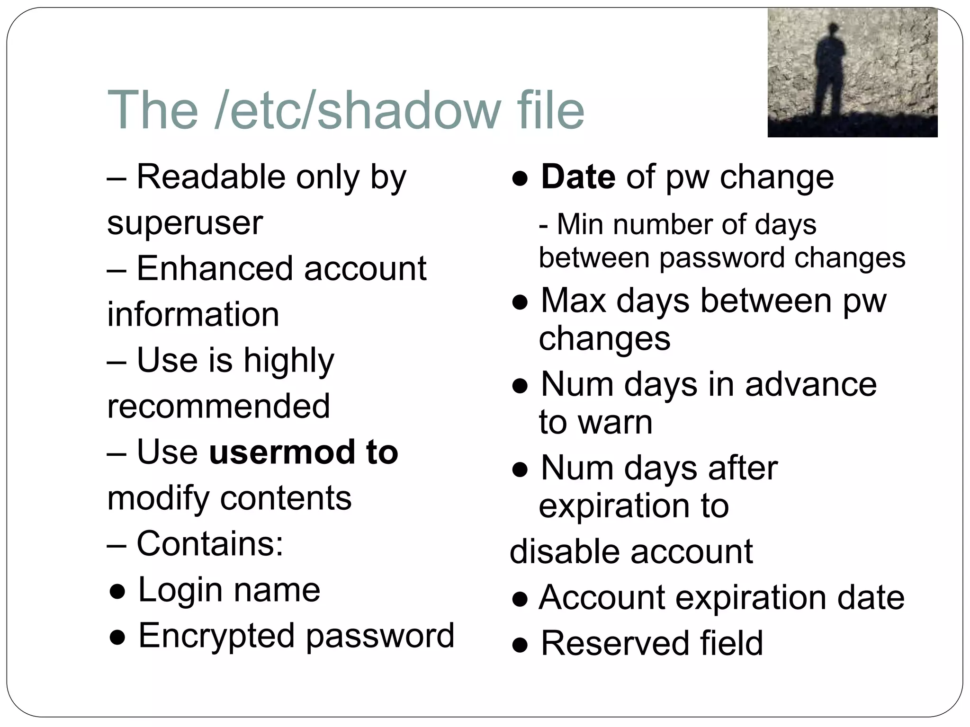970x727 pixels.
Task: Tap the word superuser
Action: tap(185, 222)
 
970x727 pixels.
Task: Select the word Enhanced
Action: tap(215, 268)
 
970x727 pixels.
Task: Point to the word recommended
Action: tap(218, 406)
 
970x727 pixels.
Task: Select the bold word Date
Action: tap(578, 177)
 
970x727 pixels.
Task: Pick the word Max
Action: tap(573, 301)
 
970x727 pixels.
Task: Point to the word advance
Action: tap(810, 384)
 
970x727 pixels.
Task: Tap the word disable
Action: tap(564, 551)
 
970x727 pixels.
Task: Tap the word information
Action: tap(193, 314)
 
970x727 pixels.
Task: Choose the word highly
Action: tap(288, 361)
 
